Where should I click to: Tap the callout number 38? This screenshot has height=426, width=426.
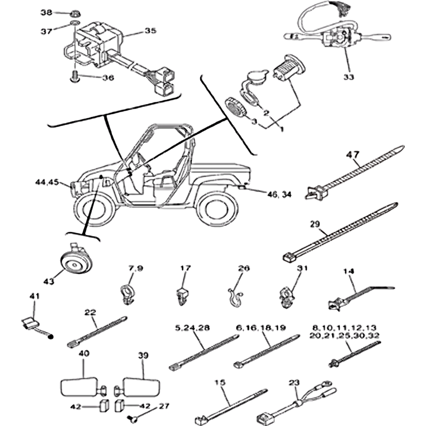pos(47,12)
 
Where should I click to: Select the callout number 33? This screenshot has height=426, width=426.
pos(348,77)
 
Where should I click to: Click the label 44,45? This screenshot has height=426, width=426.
pos(47,182)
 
